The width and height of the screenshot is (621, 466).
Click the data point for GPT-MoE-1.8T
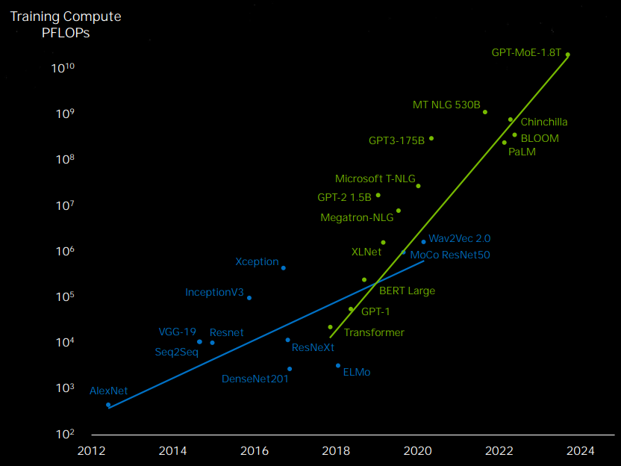(567, 55)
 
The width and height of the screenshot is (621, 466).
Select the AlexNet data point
(108, 405)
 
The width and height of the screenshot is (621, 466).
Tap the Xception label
(257, 261)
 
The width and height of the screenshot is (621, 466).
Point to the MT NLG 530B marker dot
(484, 112)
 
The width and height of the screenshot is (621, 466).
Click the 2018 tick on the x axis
(336, 450)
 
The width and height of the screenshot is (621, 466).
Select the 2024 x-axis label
(580, 450)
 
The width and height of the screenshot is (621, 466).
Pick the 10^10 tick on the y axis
(63, 68)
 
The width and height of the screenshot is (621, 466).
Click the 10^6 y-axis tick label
(65, 251)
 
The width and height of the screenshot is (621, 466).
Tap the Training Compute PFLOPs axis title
(66, 24)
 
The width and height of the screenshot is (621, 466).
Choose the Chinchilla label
(544, 122)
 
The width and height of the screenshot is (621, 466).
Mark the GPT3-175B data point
(431, 138)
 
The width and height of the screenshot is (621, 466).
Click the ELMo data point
(338, 366)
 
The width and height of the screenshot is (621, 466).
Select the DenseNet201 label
(255, 379)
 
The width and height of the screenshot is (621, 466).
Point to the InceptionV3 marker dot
(249, 298)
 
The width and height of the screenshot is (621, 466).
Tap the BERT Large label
(407, 291)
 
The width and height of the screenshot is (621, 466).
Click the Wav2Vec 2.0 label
(460, 238)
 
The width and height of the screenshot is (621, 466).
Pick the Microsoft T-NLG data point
(418, 186)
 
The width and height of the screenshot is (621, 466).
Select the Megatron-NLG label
(357, 217)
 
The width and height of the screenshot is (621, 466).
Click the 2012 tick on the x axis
(92, 450)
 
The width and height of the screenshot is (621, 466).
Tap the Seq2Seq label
(177, 352)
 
